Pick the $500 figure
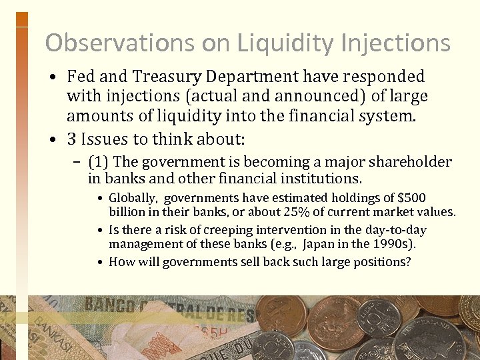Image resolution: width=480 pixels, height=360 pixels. click(x=411, y=198)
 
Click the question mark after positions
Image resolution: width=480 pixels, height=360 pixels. click(x=408, y=261)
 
